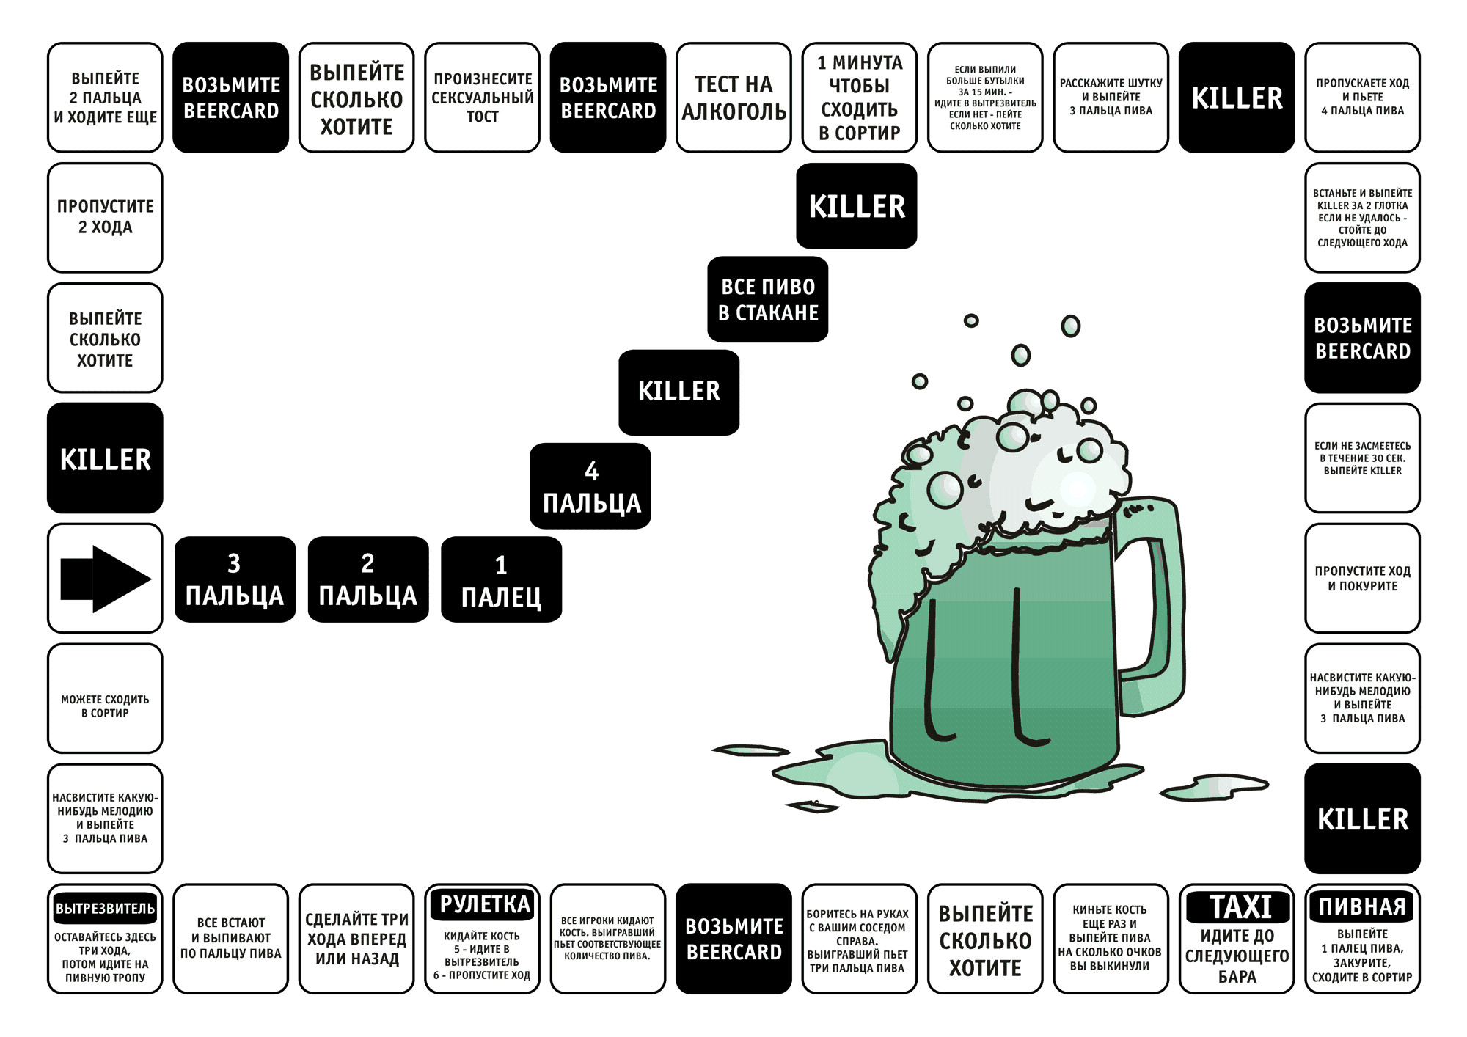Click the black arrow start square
click(105, 578)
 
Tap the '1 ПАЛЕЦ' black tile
click(501, 580)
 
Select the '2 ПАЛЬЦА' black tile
click(367, 579)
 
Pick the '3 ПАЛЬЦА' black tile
click(235, 579)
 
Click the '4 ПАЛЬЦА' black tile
click(590, 486)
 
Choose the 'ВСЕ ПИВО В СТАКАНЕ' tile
click(767, 299)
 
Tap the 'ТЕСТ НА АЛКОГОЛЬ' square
click(733, 98)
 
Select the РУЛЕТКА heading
click(484, 904)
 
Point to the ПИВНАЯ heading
click(1362, 907)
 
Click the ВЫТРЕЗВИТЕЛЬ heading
click(105, 908)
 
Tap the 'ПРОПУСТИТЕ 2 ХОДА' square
click(105, 217)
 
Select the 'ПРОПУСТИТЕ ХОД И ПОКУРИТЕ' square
click(1362, 578)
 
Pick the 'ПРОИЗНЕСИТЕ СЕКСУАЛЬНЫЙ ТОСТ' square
click(482, 98)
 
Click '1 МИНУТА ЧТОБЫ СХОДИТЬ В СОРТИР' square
click(859, 98)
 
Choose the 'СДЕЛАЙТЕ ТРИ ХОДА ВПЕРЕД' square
click(356, 939)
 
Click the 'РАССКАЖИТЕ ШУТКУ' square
click(1111, 98)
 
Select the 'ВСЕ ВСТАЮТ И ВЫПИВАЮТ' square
click(230, 939)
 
